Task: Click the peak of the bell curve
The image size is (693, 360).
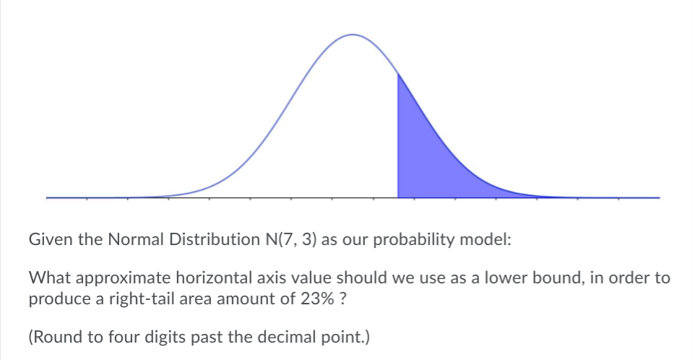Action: [x=353, y=35]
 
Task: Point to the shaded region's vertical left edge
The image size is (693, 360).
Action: [x=397, y=137]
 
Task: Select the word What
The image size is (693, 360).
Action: [x=48, y=278]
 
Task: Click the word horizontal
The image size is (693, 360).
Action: [x=212, y=278]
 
